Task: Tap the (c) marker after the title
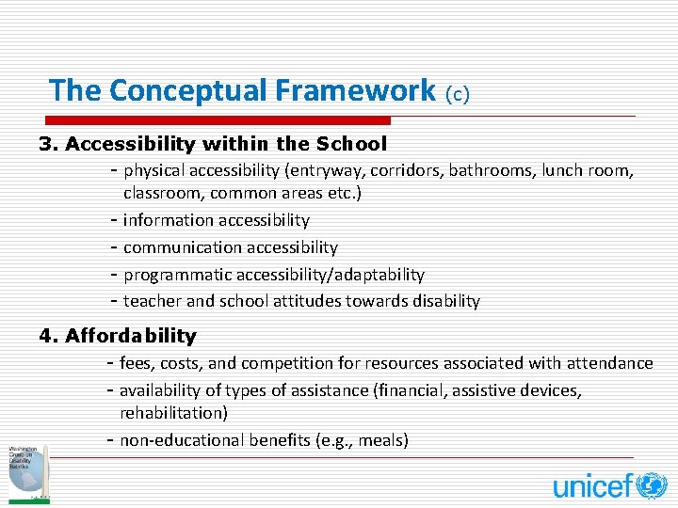point(457,93)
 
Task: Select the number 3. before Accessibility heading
point(48,145)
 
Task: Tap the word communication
point(183,247)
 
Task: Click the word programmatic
point(176,275)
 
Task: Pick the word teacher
point(153,301)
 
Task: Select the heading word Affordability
point(130,336)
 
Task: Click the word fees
point(136,363)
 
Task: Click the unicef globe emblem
point(652,485)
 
